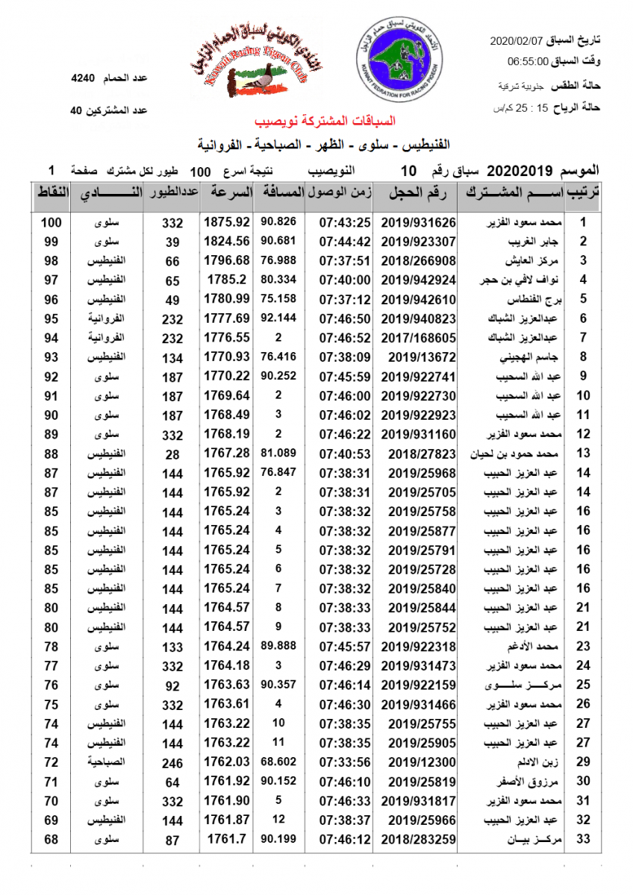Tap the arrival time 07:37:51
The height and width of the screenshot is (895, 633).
(x=345, y=261)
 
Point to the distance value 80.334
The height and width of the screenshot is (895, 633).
(x=279, y=280)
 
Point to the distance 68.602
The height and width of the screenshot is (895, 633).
(x=279, y=762)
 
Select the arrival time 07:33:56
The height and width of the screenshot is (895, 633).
(x=345, y=762)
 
